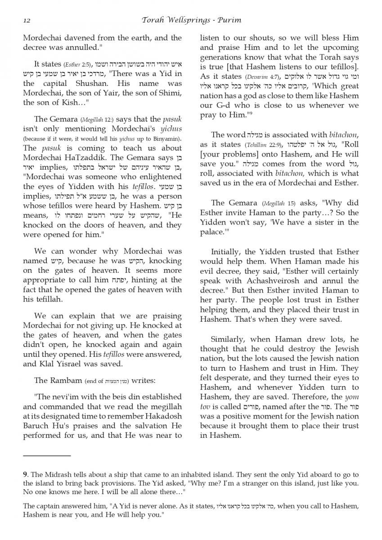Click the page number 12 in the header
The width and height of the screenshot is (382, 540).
[x=26, y=20]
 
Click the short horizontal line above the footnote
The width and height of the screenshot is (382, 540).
[x=47, y=456]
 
